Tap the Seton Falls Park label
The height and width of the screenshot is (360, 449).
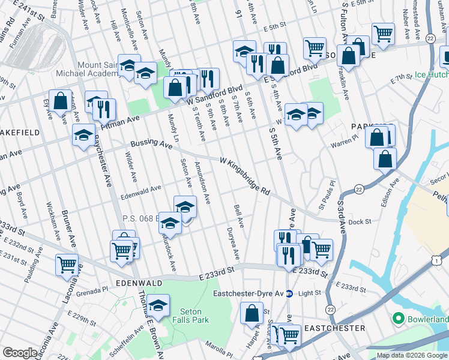(x=195, y=316)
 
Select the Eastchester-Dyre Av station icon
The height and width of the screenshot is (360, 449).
(x=289, y=293)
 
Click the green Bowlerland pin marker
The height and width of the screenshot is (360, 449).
(x=397, y=317)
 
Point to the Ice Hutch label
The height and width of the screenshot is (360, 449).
(x=431, y=76)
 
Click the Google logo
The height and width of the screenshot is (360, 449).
(x=20, y=352)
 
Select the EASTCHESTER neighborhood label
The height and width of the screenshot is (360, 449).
(x=334, y=328)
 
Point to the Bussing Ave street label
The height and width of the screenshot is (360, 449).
(x=151, y=145)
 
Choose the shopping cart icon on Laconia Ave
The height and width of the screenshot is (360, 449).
(x=67, y=264)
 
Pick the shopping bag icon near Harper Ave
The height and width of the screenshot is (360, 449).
(x=252, y=313)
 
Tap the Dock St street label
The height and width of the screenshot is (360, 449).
(x=360, y=221)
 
